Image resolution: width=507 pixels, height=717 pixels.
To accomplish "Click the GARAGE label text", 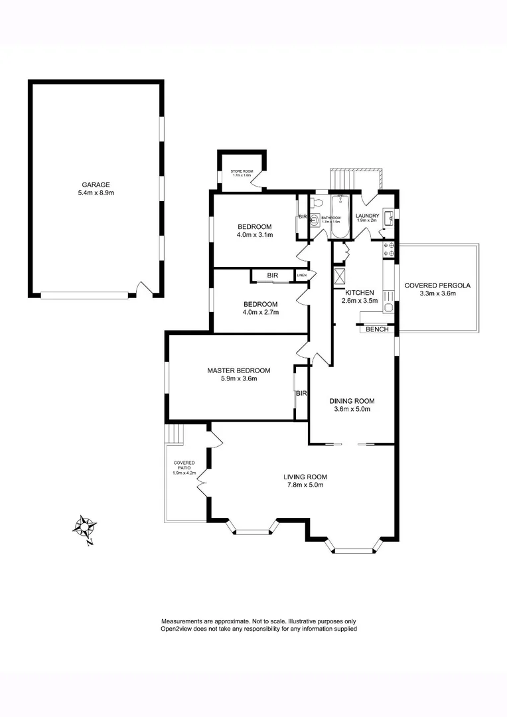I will (x=96, y=185).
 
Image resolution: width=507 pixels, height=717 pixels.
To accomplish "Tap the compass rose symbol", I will (x=86, y=528).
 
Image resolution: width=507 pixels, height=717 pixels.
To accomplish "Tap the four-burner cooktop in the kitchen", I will (x=389, y=249).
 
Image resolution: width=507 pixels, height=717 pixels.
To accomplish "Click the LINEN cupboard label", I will (x=302, y=275).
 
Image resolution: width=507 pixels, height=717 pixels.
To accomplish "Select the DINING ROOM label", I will (x=352, y=401).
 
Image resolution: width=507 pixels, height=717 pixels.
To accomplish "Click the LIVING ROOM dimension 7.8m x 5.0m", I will (x=305, y=485).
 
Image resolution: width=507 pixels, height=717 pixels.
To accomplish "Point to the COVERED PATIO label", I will (x=183, y=465).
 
